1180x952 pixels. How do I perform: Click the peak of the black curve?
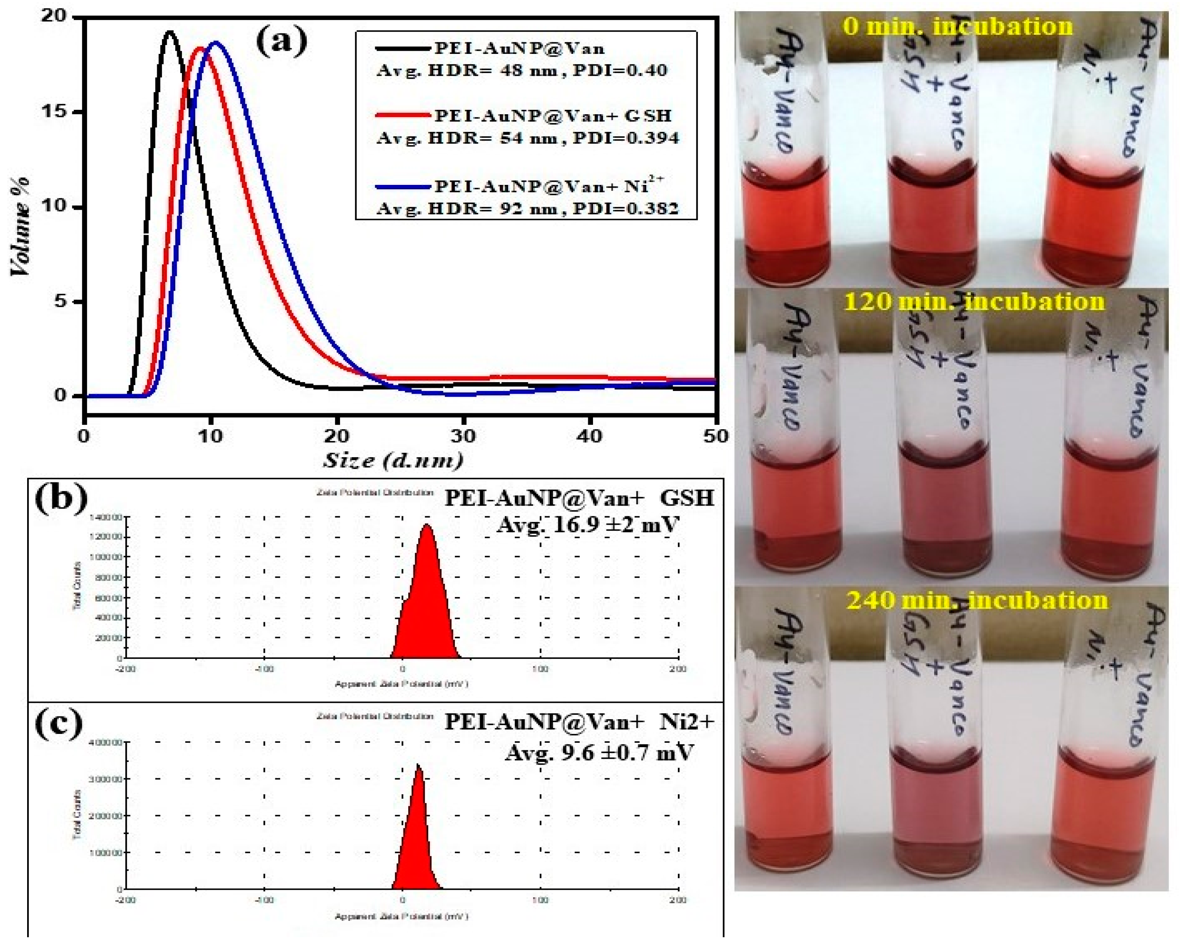pos(169,32)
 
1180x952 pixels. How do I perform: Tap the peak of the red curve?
pos(200,48)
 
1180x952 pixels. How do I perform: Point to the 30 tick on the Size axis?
pos(463,436)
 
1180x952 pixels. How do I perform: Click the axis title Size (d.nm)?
pos(392,460)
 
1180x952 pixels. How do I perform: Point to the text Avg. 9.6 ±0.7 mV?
pos(599,752)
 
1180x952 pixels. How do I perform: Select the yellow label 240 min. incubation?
pos(976,599)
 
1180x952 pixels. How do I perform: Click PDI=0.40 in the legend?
pos(619,70)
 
